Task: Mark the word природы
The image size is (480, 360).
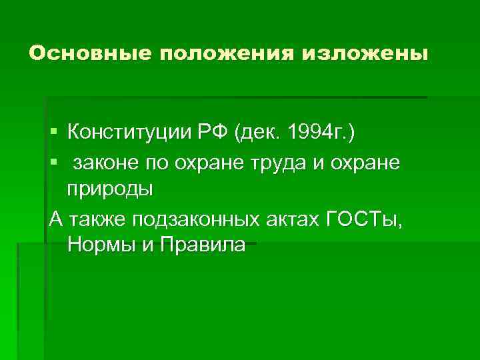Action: click(x=110, y=189)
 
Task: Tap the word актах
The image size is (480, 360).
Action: click(x=294, y=218)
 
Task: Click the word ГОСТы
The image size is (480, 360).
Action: click(x=364, y=218)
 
